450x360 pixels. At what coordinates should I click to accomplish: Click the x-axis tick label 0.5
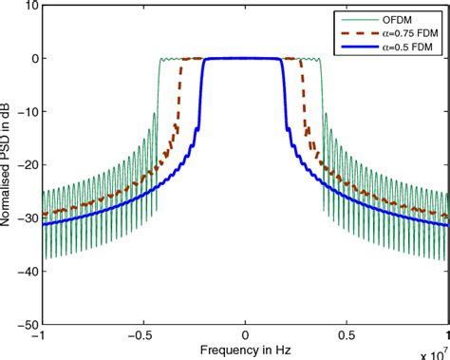coord(347,335)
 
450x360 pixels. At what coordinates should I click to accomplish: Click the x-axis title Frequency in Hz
coord(245,350)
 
